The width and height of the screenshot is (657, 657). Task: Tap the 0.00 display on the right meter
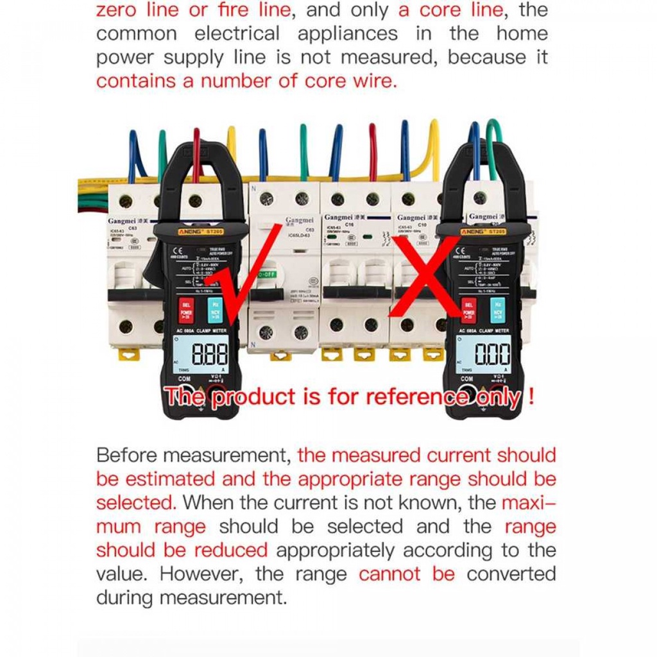(x=492, y=354)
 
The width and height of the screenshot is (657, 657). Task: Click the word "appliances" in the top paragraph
(x=347, y=33)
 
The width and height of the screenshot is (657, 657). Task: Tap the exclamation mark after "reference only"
(x=531, y=397)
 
